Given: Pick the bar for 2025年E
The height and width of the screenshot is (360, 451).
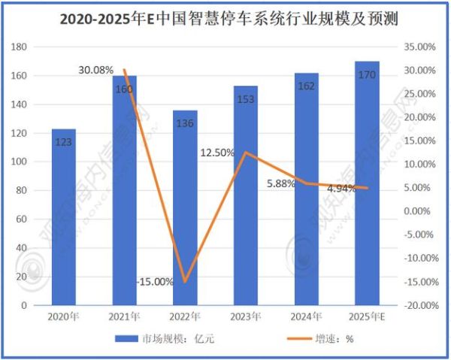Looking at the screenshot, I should (x=368, y=184).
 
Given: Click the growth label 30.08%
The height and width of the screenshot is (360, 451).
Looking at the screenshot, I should (x=95, y=70).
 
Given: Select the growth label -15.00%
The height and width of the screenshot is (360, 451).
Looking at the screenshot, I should (x=155, y=282).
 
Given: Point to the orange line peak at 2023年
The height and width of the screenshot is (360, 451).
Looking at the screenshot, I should (x=246, y=153).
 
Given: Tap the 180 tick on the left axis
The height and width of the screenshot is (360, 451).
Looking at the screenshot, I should (x=20, y=47).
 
